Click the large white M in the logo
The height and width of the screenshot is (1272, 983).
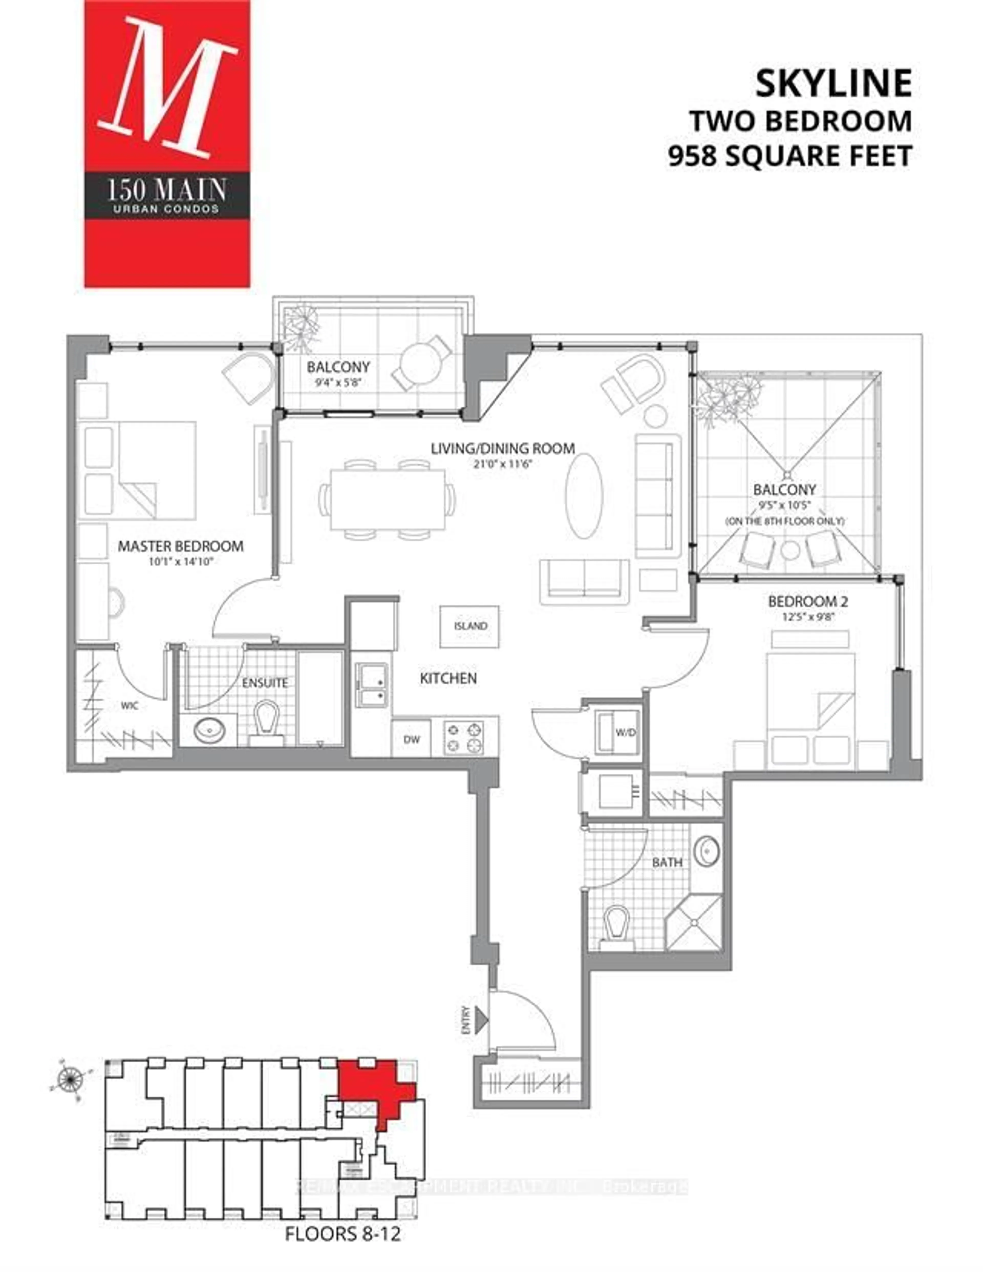click(x=167, y=87)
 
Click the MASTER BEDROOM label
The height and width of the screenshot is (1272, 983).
click(x=180, y=546)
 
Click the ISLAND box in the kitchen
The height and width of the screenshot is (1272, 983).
click(x=469, y=626)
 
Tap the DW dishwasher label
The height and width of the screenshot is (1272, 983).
click(x=411, y=739)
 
